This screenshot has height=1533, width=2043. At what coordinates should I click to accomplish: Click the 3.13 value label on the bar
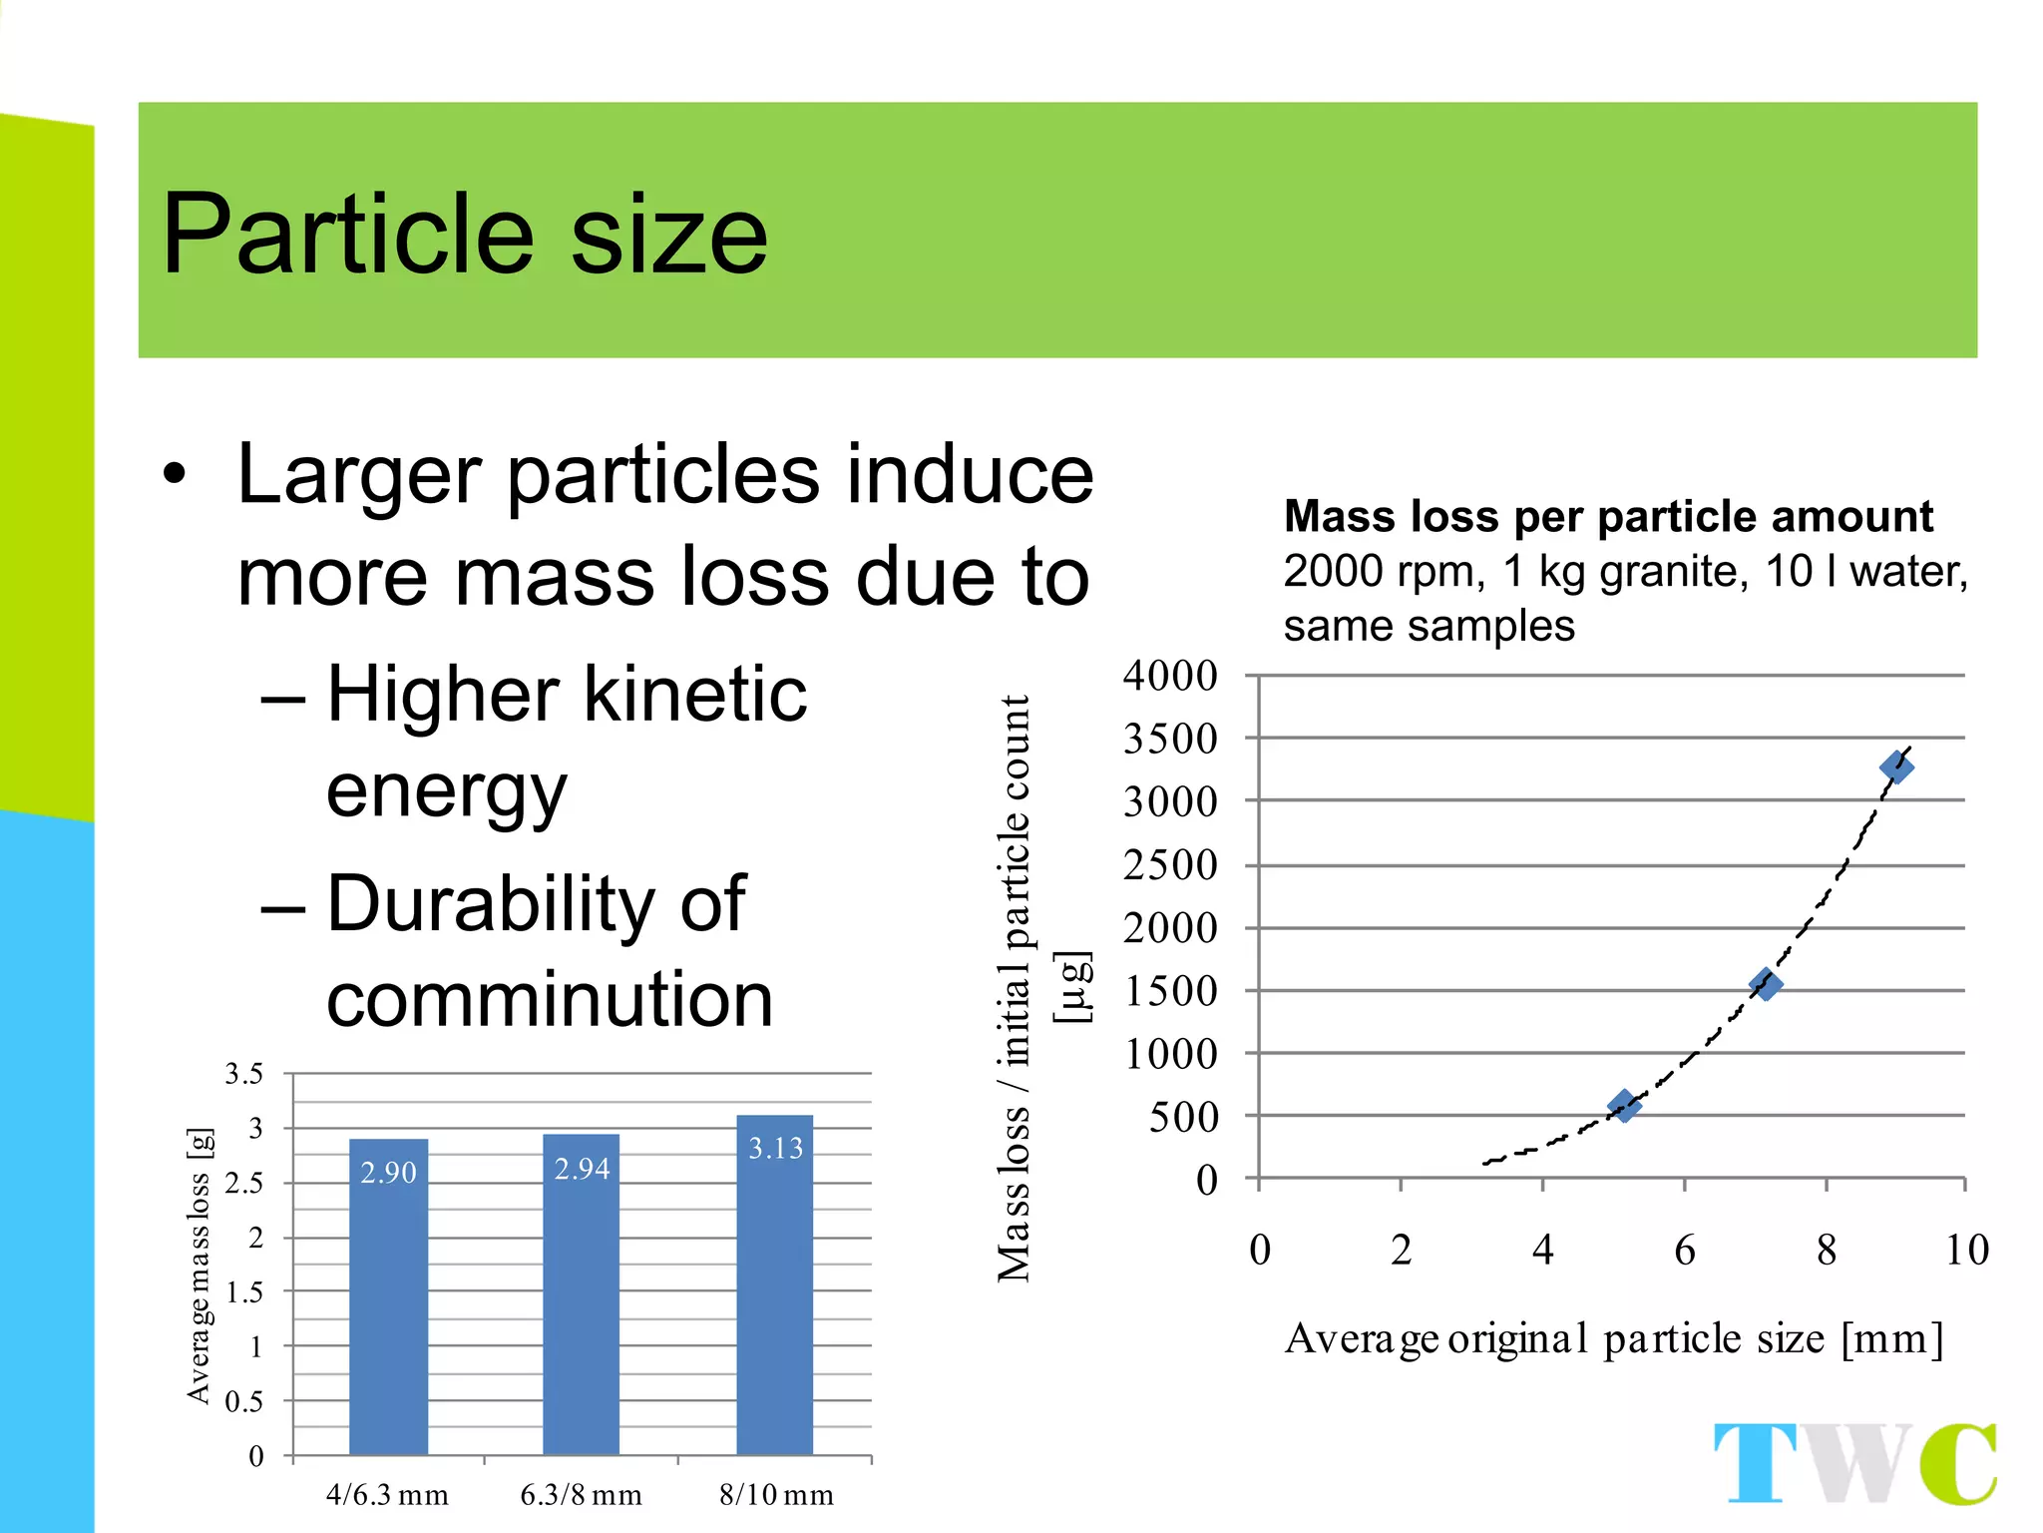(x=775, y=1148)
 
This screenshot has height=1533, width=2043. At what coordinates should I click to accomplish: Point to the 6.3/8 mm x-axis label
(x=581, y=1494)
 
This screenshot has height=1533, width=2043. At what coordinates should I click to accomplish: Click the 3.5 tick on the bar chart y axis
(x=243, y=1074)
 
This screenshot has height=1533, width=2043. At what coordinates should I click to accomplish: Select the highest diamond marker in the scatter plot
(x=1895, y=767)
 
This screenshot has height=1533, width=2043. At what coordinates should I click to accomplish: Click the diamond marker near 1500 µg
(x=1765, y=985)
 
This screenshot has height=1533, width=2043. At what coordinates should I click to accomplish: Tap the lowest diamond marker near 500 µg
(x=1623, y=1105)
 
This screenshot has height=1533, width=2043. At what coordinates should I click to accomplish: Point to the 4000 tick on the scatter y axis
(x=1170, y=676)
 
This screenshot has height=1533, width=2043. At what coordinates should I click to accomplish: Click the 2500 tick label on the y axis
(x=1170, y=864)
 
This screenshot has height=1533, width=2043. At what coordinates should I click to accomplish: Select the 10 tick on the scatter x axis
(x=1966, y=1250)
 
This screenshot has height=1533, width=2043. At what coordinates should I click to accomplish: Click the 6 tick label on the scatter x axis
(x=1684, y=1250)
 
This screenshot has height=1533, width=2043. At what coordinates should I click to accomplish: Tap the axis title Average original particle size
(x=1613, y=1338)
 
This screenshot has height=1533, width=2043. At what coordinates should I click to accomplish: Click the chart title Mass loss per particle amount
(x=1607, y=517)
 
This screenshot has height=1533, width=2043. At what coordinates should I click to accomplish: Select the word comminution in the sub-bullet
(x=550, y=999)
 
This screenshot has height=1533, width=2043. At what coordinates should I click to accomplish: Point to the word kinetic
(x=695, y=694)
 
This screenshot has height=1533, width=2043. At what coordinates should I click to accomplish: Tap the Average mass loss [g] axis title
(x=200, y=1266)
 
